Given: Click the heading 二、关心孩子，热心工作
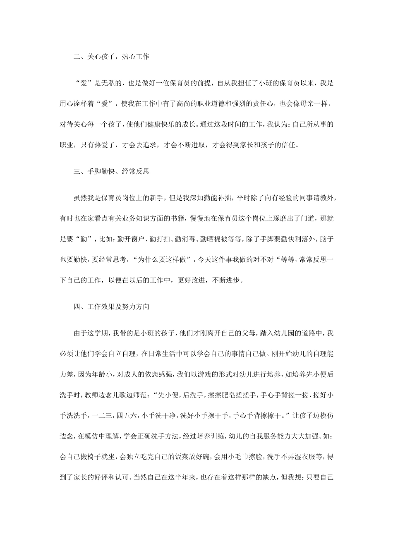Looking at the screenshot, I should click(111, 57).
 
